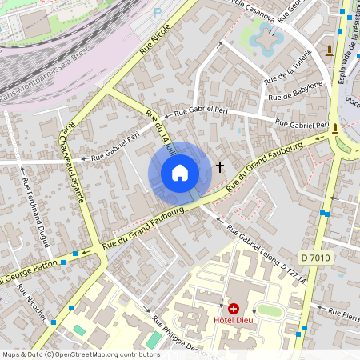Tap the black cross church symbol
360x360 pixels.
point(220,167)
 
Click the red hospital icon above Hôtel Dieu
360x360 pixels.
point(234,308)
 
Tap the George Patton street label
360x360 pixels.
point(32,270)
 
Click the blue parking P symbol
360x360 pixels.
point(157,12)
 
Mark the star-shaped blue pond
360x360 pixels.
point(263,35)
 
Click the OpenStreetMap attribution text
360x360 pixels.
point(81,354)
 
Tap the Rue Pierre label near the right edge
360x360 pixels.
point(345,313)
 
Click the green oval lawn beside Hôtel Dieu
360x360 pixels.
point(270,310)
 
